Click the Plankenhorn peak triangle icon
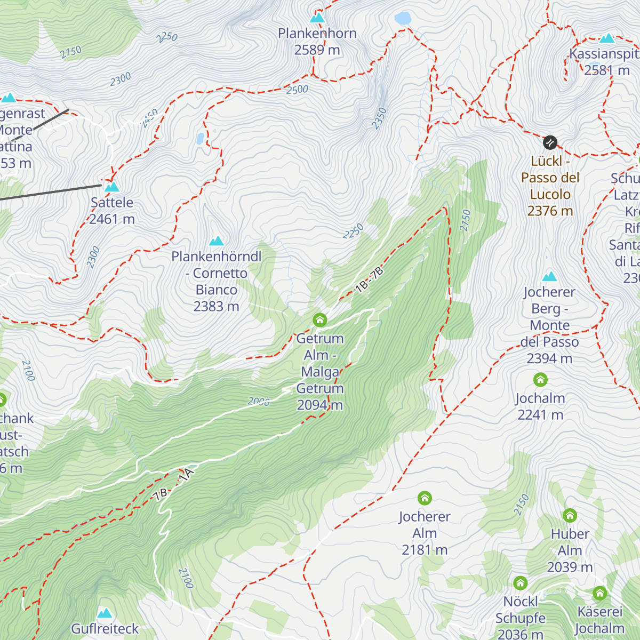pyautogui.click(x=317, y=18)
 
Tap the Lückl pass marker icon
pyautogui.click(x=550, y=142)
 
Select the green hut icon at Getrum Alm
pyautogui.click(x=319, y=320)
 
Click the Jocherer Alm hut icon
pyautogui.click(x=425, y=498)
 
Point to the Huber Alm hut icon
pyautogui.click(x=570, y=515)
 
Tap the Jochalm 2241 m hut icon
pyautogui.click(x=540, y=380)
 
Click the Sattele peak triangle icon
pyautogui.click(x=111, y=187)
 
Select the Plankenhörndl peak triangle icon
pyautogui.click(x=216, y=241)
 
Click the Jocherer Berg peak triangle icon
pyautogui.click(x=549, y=276)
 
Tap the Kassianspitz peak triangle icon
pyautogui.click(x=607, y=38)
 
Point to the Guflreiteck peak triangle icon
pyautogui.click(x=105, y=613)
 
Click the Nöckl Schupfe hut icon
pyautogui.click(x=521, y=583)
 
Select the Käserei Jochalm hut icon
pyautogui.click(x=599, y=593)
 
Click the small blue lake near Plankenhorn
pyautogui.click(x=403, y=19)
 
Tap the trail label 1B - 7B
pyautogui.click(x=369, y=280)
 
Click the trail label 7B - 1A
pyautogui.click(x=174, y=484)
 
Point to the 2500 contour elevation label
pyautogui.click(x=297, y=90)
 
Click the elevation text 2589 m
pyautogui.click(x=317, y=50)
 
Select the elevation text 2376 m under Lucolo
pyautogui.click(x=550, y=211)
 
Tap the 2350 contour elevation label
pyautogui.click(x=379, y=118)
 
